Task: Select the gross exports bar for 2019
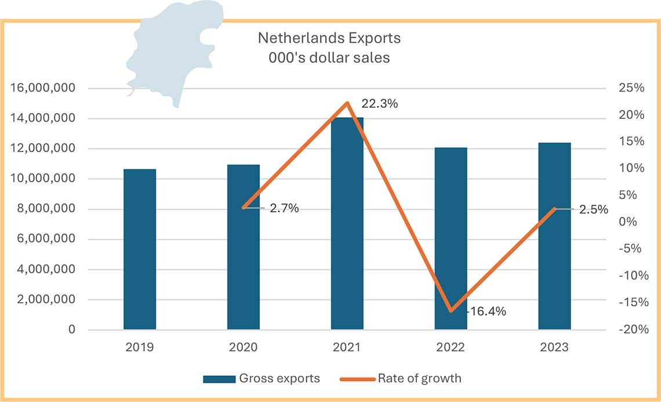click(140, 249)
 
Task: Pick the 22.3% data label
click(380, 104)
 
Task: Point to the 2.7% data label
click(284, 208)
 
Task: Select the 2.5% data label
click(593, 209)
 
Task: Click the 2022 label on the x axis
click(451, 347)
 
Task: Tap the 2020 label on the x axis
click(244, 347)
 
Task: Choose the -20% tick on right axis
click(630, 329)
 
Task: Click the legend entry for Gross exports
click(261, 379)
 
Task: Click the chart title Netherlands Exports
click(329, 38)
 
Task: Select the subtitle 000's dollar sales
click(329, 57)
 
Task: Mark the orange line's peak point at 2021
click(347, 103)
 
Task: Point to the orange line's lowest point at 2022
click(451, 311)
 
